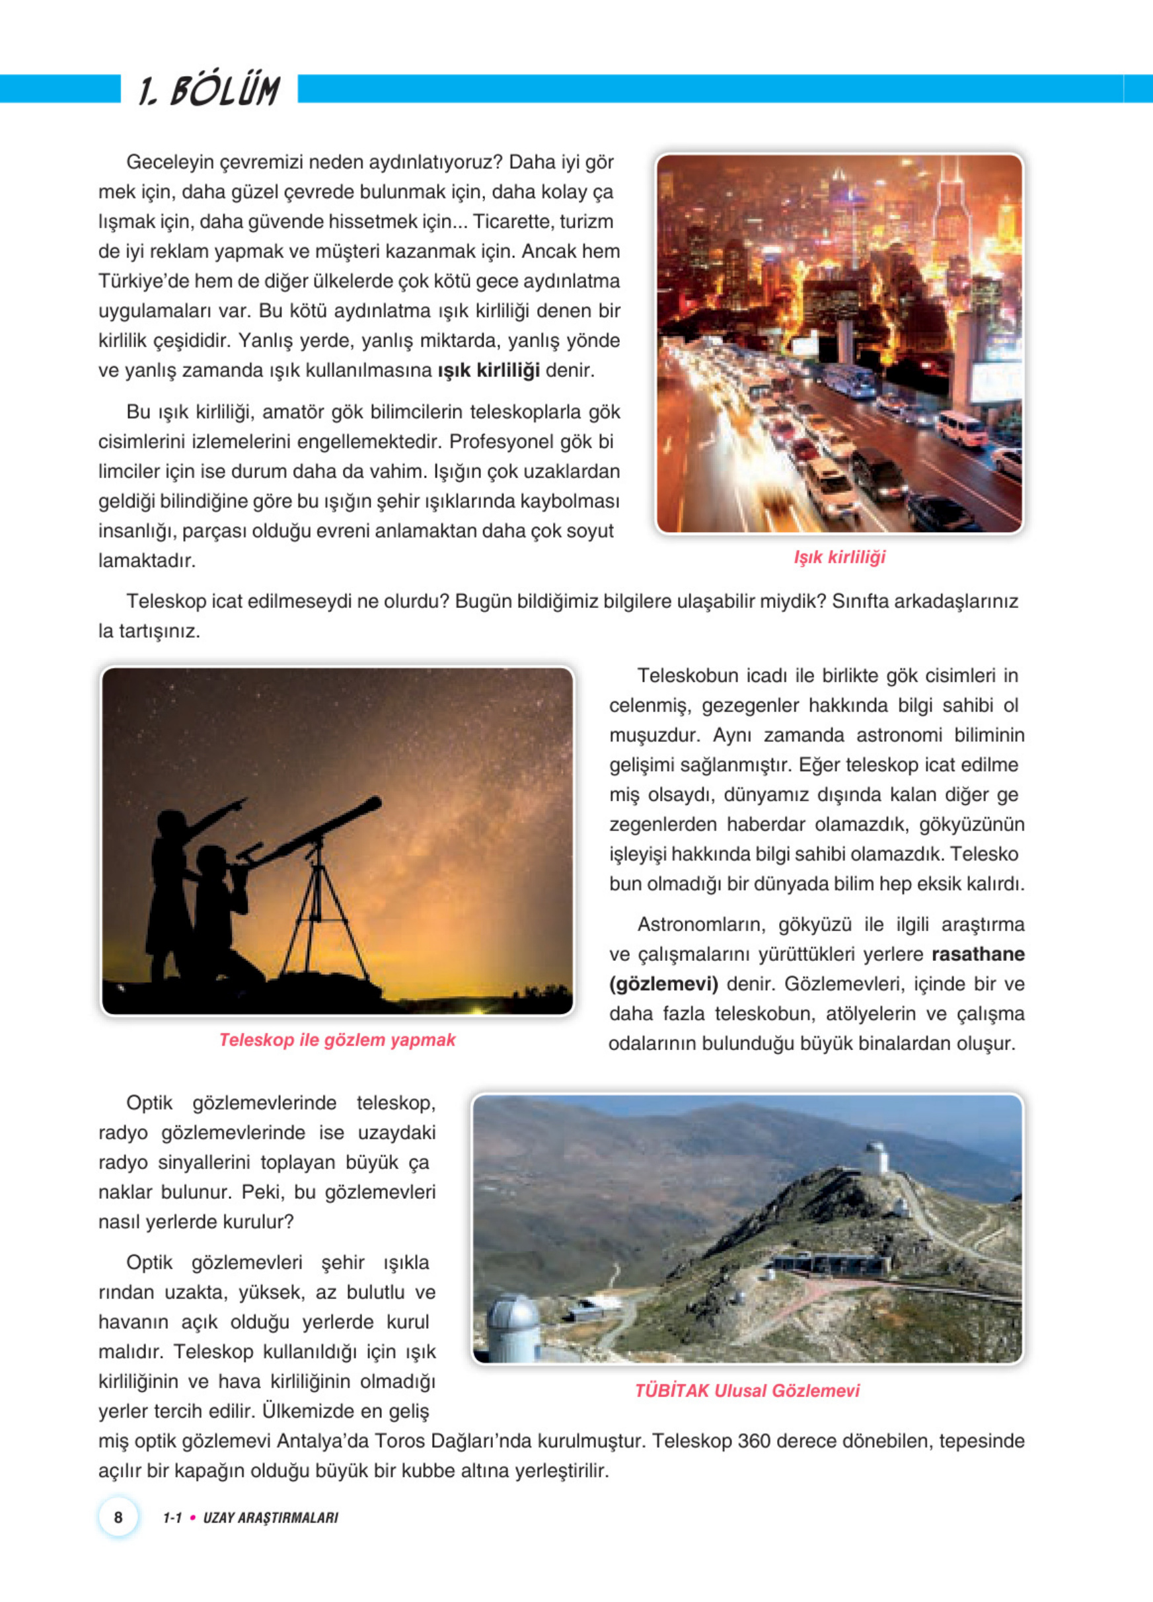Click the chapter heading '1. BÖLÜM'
pos(209,91)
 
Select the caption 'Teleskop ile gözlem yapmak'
pos(337,1040)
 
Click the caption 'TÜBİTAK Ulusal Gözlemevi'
pos(747,1391)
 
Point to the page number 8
pos(118,1517)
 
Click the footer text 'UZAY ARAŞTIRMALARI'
pos(270,1518)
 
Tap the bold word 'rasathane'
pos(978,954)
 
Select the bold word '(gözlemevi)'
pos(663,984)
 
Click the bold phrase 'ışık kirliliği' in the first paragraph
pos(488,370)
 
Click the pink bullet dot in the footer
pos(193,1517)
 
